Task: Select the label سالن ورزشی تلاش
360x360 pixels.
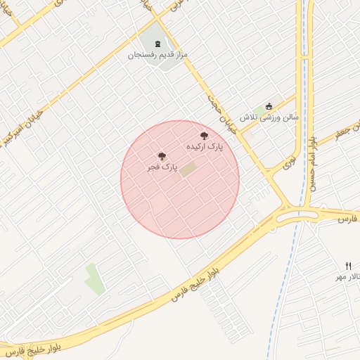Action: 269,117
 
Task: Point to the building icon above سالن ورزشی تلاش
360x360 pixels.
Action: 269,107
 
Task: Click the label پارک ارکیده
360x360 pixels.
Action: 205,147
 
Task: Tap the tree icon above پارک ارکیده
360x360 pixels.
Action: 205,136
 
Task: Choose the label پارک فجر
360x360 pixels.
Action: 162,167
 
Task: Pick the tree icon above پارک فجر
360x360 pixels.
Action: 162,156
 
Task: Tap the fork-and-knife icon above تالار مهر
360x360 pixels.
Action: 349,266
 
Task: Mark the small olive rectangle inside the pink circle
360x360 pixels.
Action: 188,169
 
